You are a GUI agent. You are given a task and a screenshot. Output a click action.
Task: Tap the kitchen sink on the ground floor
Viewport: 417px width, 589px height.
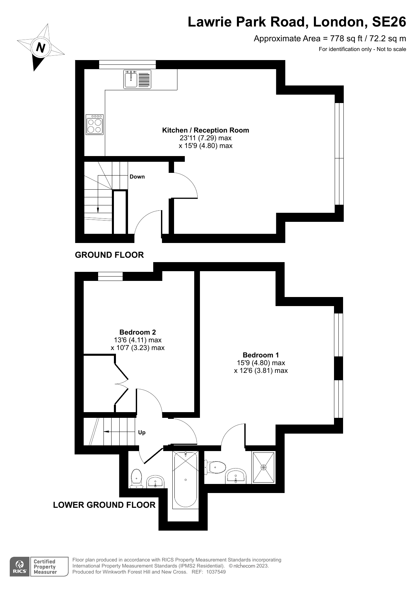point(131,79)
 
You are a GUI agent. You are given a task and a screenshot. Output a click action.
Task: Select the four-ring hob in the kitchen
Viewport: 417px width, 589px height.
point(94,125)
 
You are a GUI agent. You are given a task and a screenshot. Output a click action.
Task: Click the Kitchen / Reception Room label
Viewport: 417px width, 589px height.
point(205,130)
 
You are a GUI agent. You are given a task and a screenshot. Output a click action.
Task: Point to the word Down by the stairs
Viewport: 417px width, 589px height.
point(137,177)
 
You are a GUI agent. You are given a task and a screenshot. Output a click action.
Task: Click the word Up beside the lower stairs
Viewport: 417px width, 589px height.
point(142,433)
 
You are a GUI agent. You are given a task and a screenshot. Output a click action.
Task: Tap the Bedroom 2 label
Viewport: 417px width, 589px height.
point(137,332)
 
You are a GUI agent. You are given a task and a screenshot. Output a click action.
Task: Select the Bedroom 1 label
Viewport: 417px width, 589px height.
point(261,355)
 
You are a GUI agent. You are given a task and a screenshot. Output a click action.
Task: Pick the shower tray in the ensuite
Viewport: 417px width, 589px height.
point(263,467)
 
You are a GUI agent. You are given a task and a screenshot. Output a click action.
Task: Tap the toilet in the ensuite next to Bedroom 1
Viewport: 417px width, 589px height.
point(216,467)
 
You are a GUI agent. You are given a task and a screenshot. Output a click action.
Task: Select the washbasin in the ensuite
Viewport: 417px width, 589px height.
point(236,476)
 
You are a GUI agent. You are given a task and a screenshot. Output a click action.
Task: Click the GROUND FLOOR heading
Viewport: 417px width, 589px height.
point(109,255)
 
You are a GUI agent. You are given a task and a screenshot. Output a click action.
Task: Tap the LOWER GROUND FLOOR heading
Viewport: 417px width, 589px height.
point(104,505)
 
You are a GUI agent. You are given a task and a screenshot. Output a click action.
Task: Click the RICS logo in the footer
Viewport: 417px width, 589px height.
point(19,567)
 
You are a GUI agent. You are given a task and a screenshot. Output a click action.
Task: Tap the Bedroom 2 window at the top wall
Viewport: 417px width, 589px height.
point(110,276)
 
